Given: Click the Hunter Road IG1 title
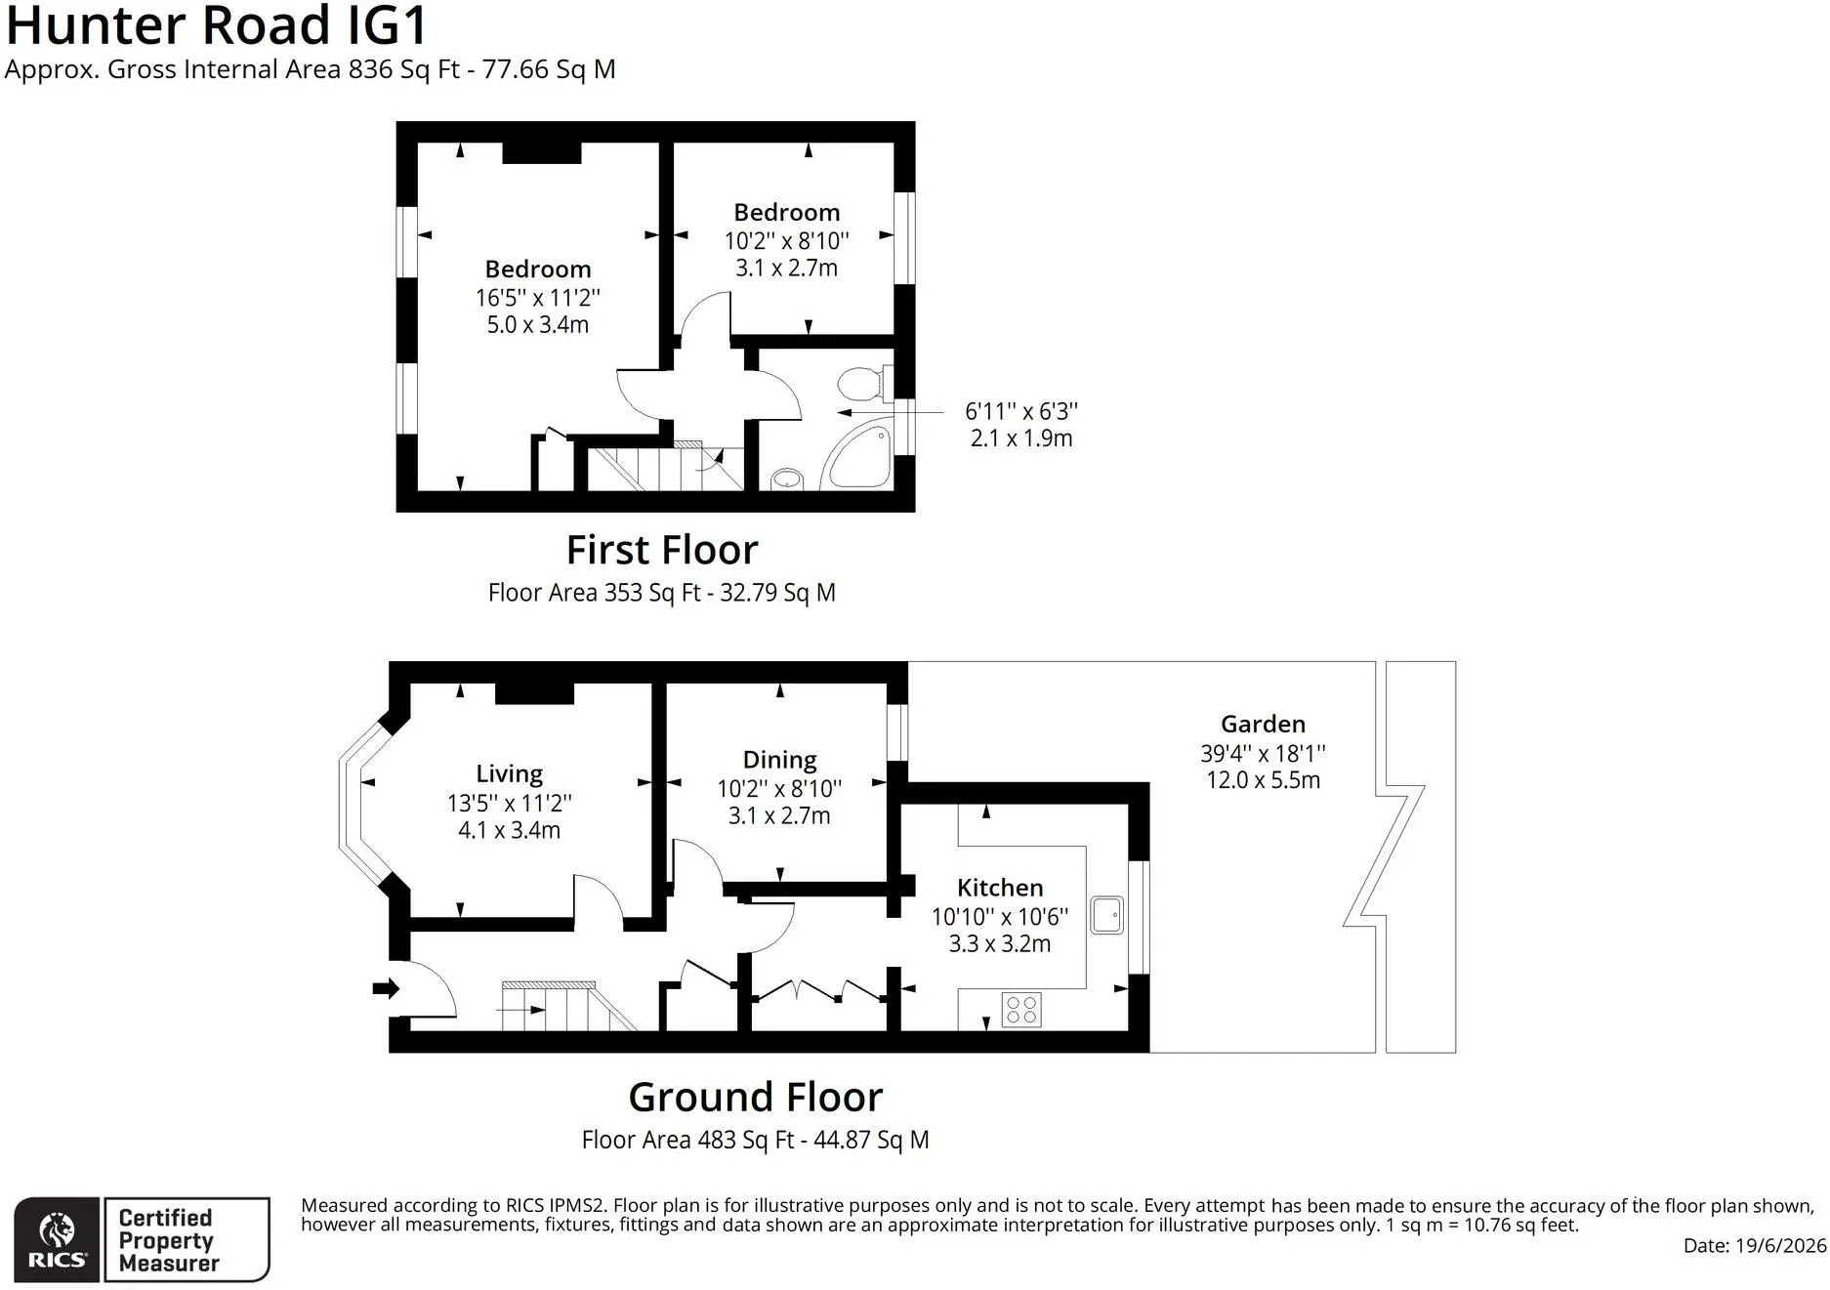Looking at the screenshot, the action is [x=216, y=25].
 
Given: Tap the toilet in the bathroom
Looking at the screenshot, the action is [x=865, y=383].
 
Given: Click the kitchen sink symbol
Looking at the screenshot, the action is [x=1106, y=915].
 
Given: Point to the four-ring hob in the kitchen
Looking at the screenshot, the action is [x=1021, y=1010].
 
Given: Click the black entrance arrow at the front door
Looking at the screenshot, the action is [x=387, y=988].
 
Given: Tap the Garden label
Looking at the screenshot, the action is [x=1263, y=724].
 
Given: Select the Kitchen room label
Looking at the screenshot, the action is [x=1000, y=888].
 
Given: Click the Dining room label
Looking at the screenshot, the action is [x=779, y=760].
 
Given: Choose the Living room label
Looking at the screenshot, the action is [x=509, y=774].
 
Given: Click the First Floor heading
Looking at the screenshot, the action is [x=662, y=550].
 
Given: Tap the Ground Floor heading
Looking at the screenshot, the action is [x=756, y=1097].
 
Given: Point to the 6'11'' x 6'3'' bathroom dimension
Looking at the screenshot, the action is [x=1021, y=411].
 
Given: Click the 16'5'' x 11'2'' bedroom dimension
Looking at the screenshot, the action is [x=538, y=297].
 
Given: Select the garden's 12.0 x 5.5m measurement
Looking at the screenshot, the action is [x=1264, y=780].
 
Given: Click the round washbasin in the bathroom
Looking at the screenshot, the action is [x=786, y=479].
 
